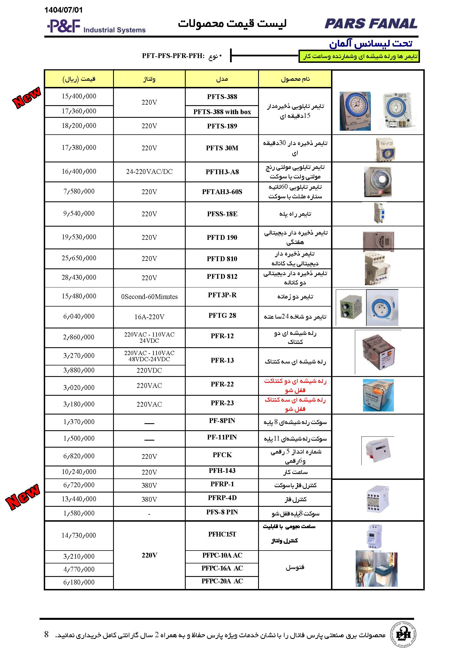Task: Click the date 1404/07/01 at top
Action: (x=63, y=10)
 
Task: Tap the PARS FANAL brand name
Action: (x=371, y=24)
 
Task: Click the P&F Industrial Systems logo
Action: (x=96, y=26)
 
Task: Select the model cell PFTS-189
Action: (x=222, y=126)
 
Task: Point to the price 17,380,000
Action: (x=79, y=148)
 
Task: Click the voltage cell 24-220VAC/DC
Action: (x=149, y=171)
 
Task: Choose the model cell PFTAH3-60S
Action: (x=222, y=192)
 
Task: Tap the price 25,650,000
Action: (x=79, y=258)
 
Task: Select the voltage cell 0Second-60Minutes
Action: (x=149, y=296)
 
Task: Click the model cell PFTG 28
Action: (x=222, y=316)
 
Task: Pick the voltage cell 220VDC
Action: (x=149, y=370)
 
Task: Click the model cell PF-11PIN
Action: (x=222, y=437)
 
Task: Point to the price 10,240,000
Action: (x=79, y=472)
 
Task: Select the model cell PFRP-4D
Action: (x=222, y=498)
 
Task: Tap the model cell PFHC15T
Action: (x=222, y=534)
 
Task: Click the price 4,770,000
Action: (x=79, y=569)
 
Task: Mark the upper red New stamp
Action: (x=27, y=97)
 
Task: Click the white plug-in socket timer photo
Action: (x=382, y=308)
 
